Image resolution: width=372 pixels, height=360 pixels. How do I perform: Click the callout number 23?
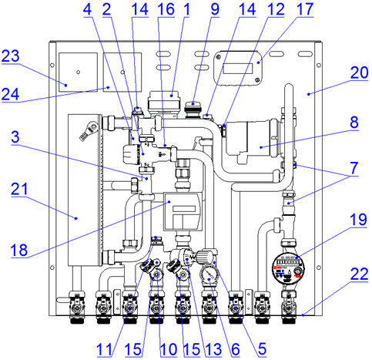click(x=10, y=56)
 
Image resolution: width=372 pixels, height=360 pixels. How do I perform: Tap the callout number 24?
click(x=10, y=94)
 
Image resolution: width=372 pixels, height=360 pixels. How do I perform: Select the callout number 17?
click(x=305, y=9)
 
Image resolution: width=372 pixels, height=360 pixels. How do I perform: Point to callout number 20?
click(x=359, y=72)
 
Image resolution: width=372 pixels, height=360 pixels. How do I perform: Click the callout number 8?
click(x=354, y=123)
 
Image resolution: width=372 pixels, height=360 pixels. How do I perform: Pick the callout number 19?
click(x=358, y=220)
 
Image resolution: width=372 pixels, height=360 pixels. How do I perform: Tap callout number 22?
click(x=359, y=274)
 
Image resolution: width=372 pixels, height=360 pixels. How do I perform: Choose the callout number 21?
click(x=19, y=190)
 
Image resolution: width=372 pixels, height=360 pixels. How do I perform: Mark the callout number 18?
click(x=19, y=250)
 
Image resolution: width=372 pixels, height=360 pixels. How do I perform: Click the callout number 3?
click(x=15, y=137)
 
